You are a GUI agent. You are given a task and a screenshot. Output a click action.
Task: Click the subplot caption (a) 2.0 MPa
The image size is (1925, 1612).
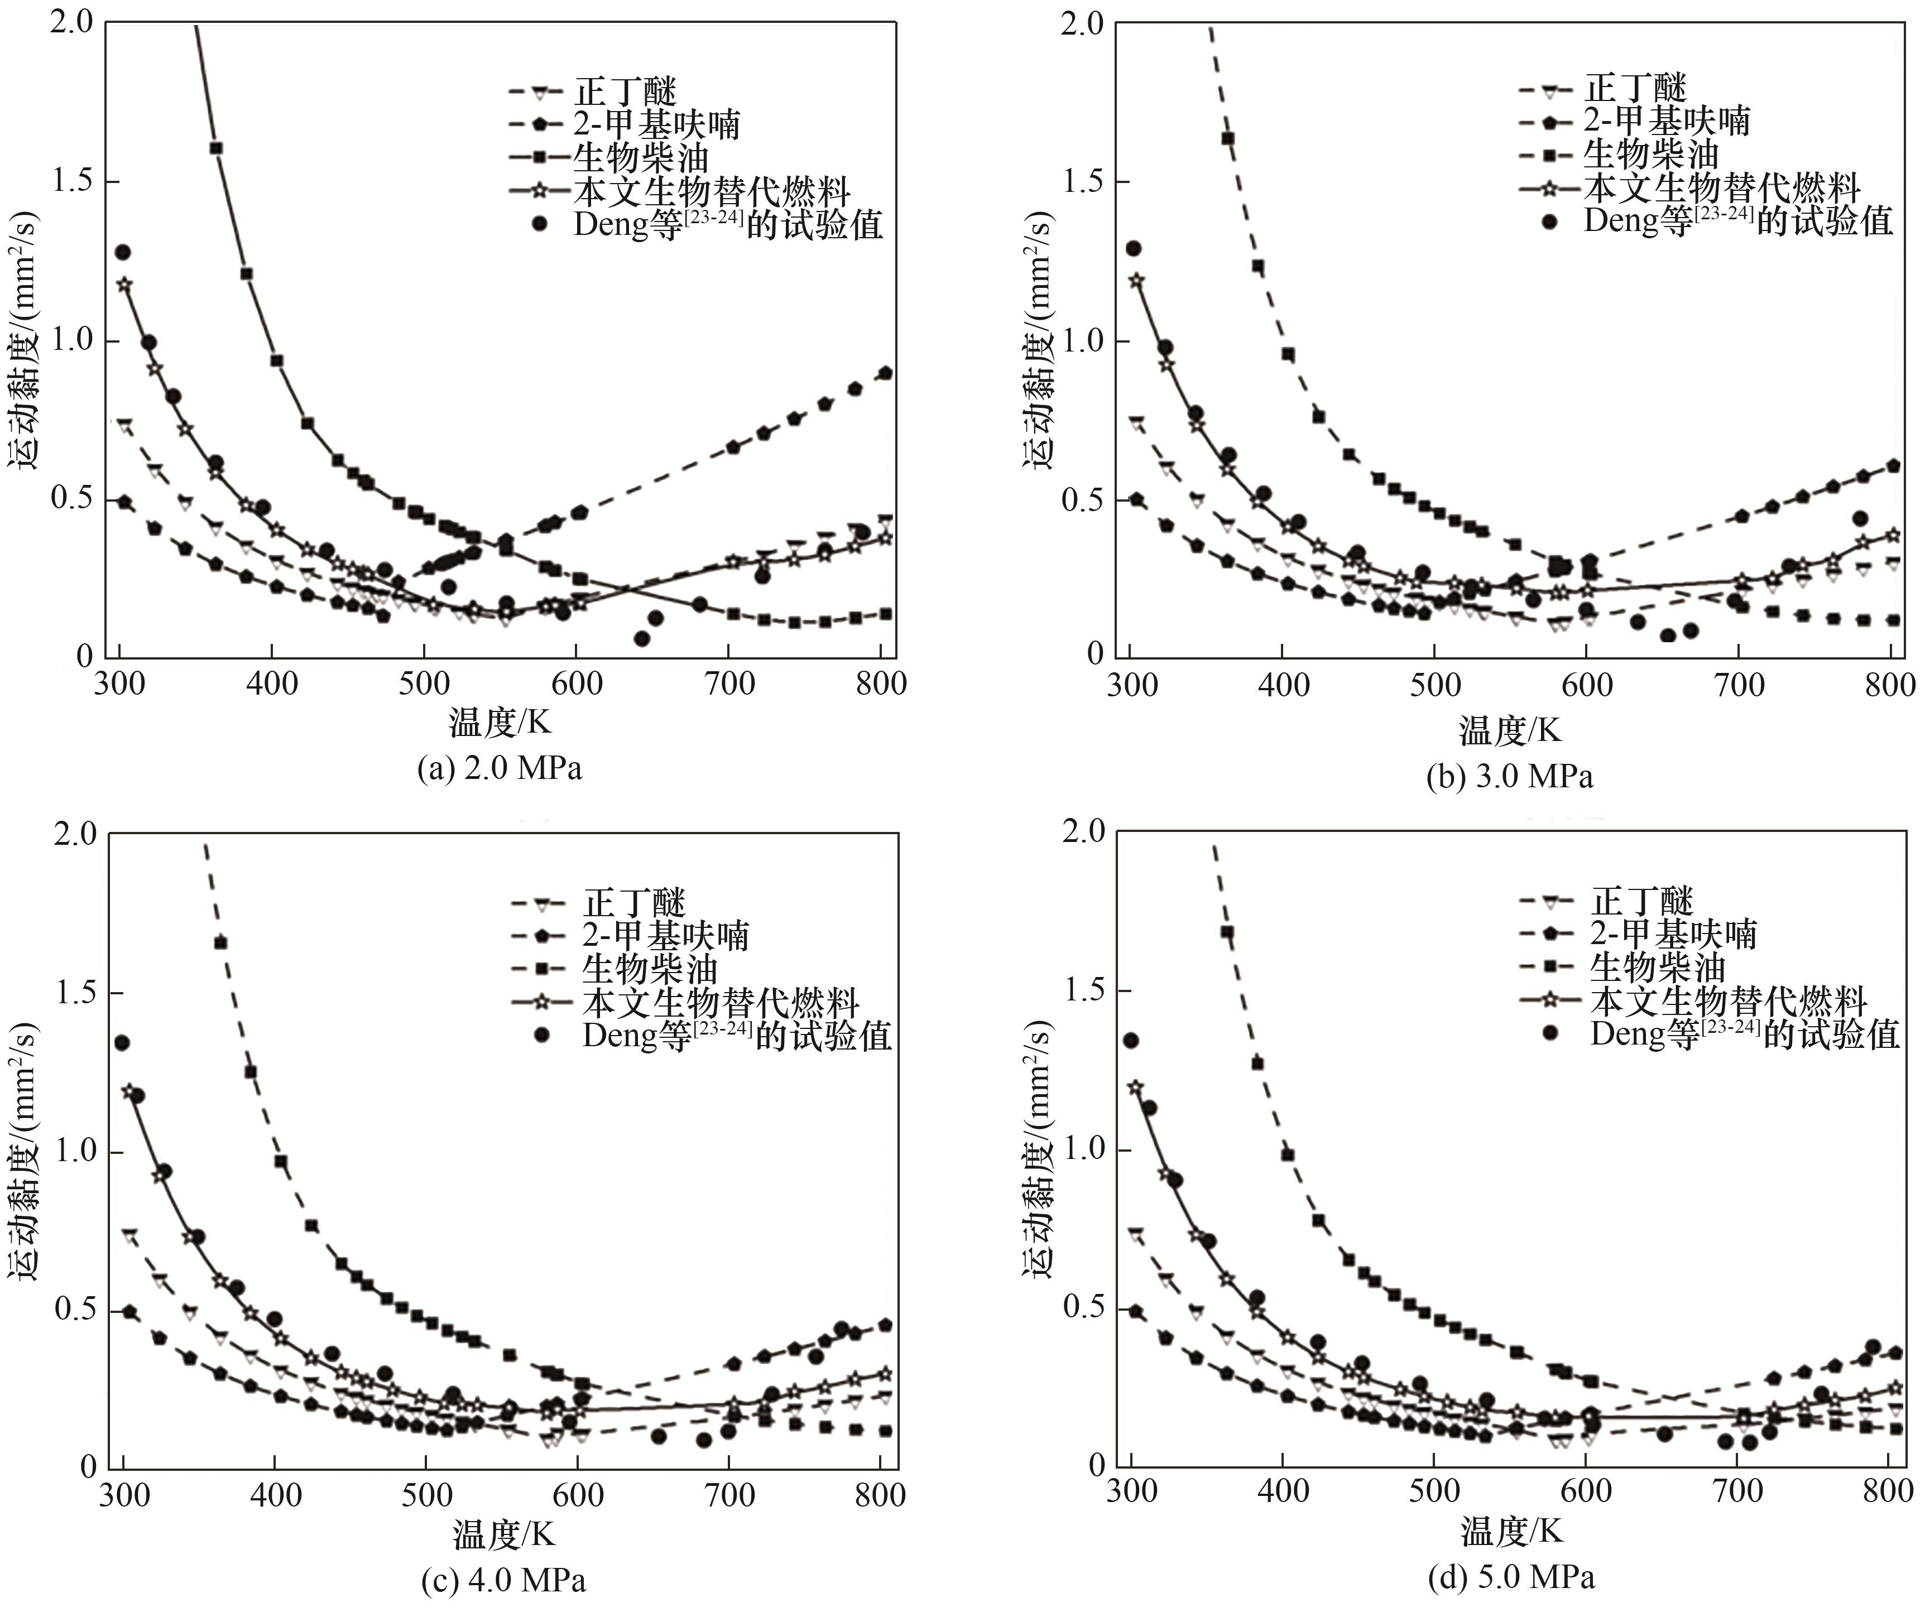coord(500,768)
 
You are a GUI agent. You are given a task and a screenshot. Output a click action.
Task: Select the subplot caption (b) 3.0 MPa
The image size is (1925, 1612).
coord(1510,776)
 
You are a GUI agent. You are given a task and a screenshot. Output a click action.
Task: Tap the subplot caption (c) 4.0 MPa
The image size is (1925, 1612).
coord(503,1580)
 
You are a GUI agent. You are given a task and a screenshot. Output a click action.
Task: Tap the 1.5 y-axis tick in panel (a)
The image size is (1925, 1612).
coord(73,181)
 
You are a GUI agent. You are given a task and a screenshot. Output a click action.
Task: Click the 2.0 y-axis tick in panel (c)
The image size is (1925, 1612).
coord(76,834)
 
